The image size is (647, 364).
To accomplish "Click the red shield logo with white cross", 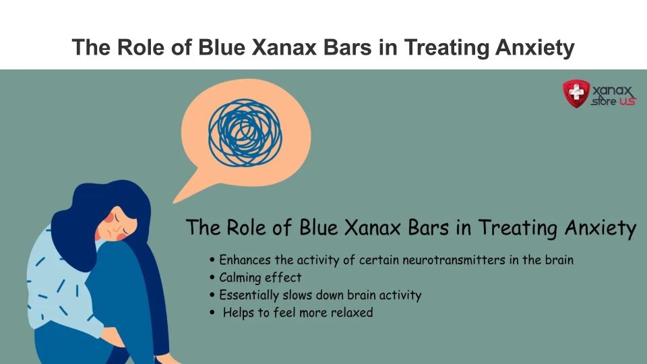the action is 576,93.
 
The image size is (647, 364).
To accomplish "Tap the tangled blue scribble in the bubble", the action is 245,133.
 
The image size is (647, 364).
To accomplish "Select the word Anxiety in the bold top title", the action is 534,47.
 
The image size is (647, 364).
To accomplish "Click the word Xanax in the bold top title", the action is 284,47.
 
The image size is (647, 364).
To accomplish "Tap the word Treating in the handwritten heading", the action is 518,228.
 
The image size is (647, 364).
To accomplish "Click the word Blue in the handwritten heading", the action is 319,227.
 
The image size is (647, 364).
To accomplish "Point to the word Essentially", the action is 249,295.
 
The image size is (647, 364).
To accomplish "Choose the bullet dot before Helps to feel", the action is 212,312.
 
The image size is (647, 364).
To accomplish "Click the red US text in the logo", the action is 627,101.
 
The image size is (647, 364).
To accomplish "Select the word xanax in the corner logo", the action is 612,90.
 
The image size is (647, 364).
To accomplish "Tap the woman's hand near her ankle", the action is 113,337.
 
